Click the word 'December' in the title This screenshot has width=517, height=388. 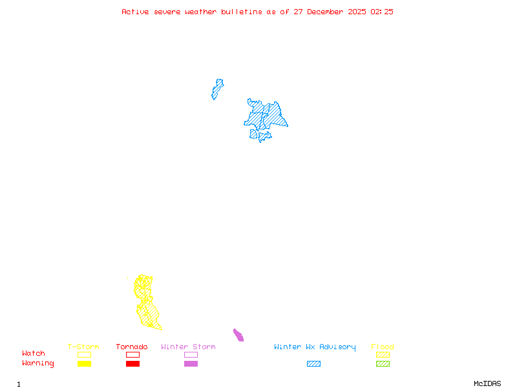click(328, 12)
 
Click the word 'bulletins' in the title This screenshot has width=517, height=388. click(242, 12)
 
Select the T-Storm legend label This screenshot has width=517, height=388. click(83, 347)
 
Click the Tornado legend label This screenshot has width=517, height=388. click(132, 347)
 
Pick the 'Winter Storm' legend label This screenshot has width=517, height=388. click(188, 347)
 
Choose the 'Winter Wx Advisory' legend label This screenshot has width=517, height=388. click(315, 347)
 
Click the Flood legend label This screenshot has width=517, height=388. click(383, 347)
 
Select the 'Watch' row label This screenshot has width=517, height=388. click(34, 354)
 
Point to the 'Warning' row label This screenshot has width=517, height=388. click(38, 363)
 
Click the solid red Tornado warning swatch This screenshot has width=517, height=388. click(132, 363)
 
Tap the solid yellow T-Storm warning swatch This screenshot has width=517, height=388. click(84, 363)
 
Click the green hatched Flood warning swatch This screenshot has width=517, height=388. click(383, 363)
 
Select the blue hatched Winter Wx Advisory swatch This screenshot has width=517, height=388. click(313, 363)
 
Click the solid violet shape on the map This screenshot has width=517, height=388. click(238, 334)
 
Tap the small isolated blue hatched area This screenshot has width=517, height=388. click(217, 89)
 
